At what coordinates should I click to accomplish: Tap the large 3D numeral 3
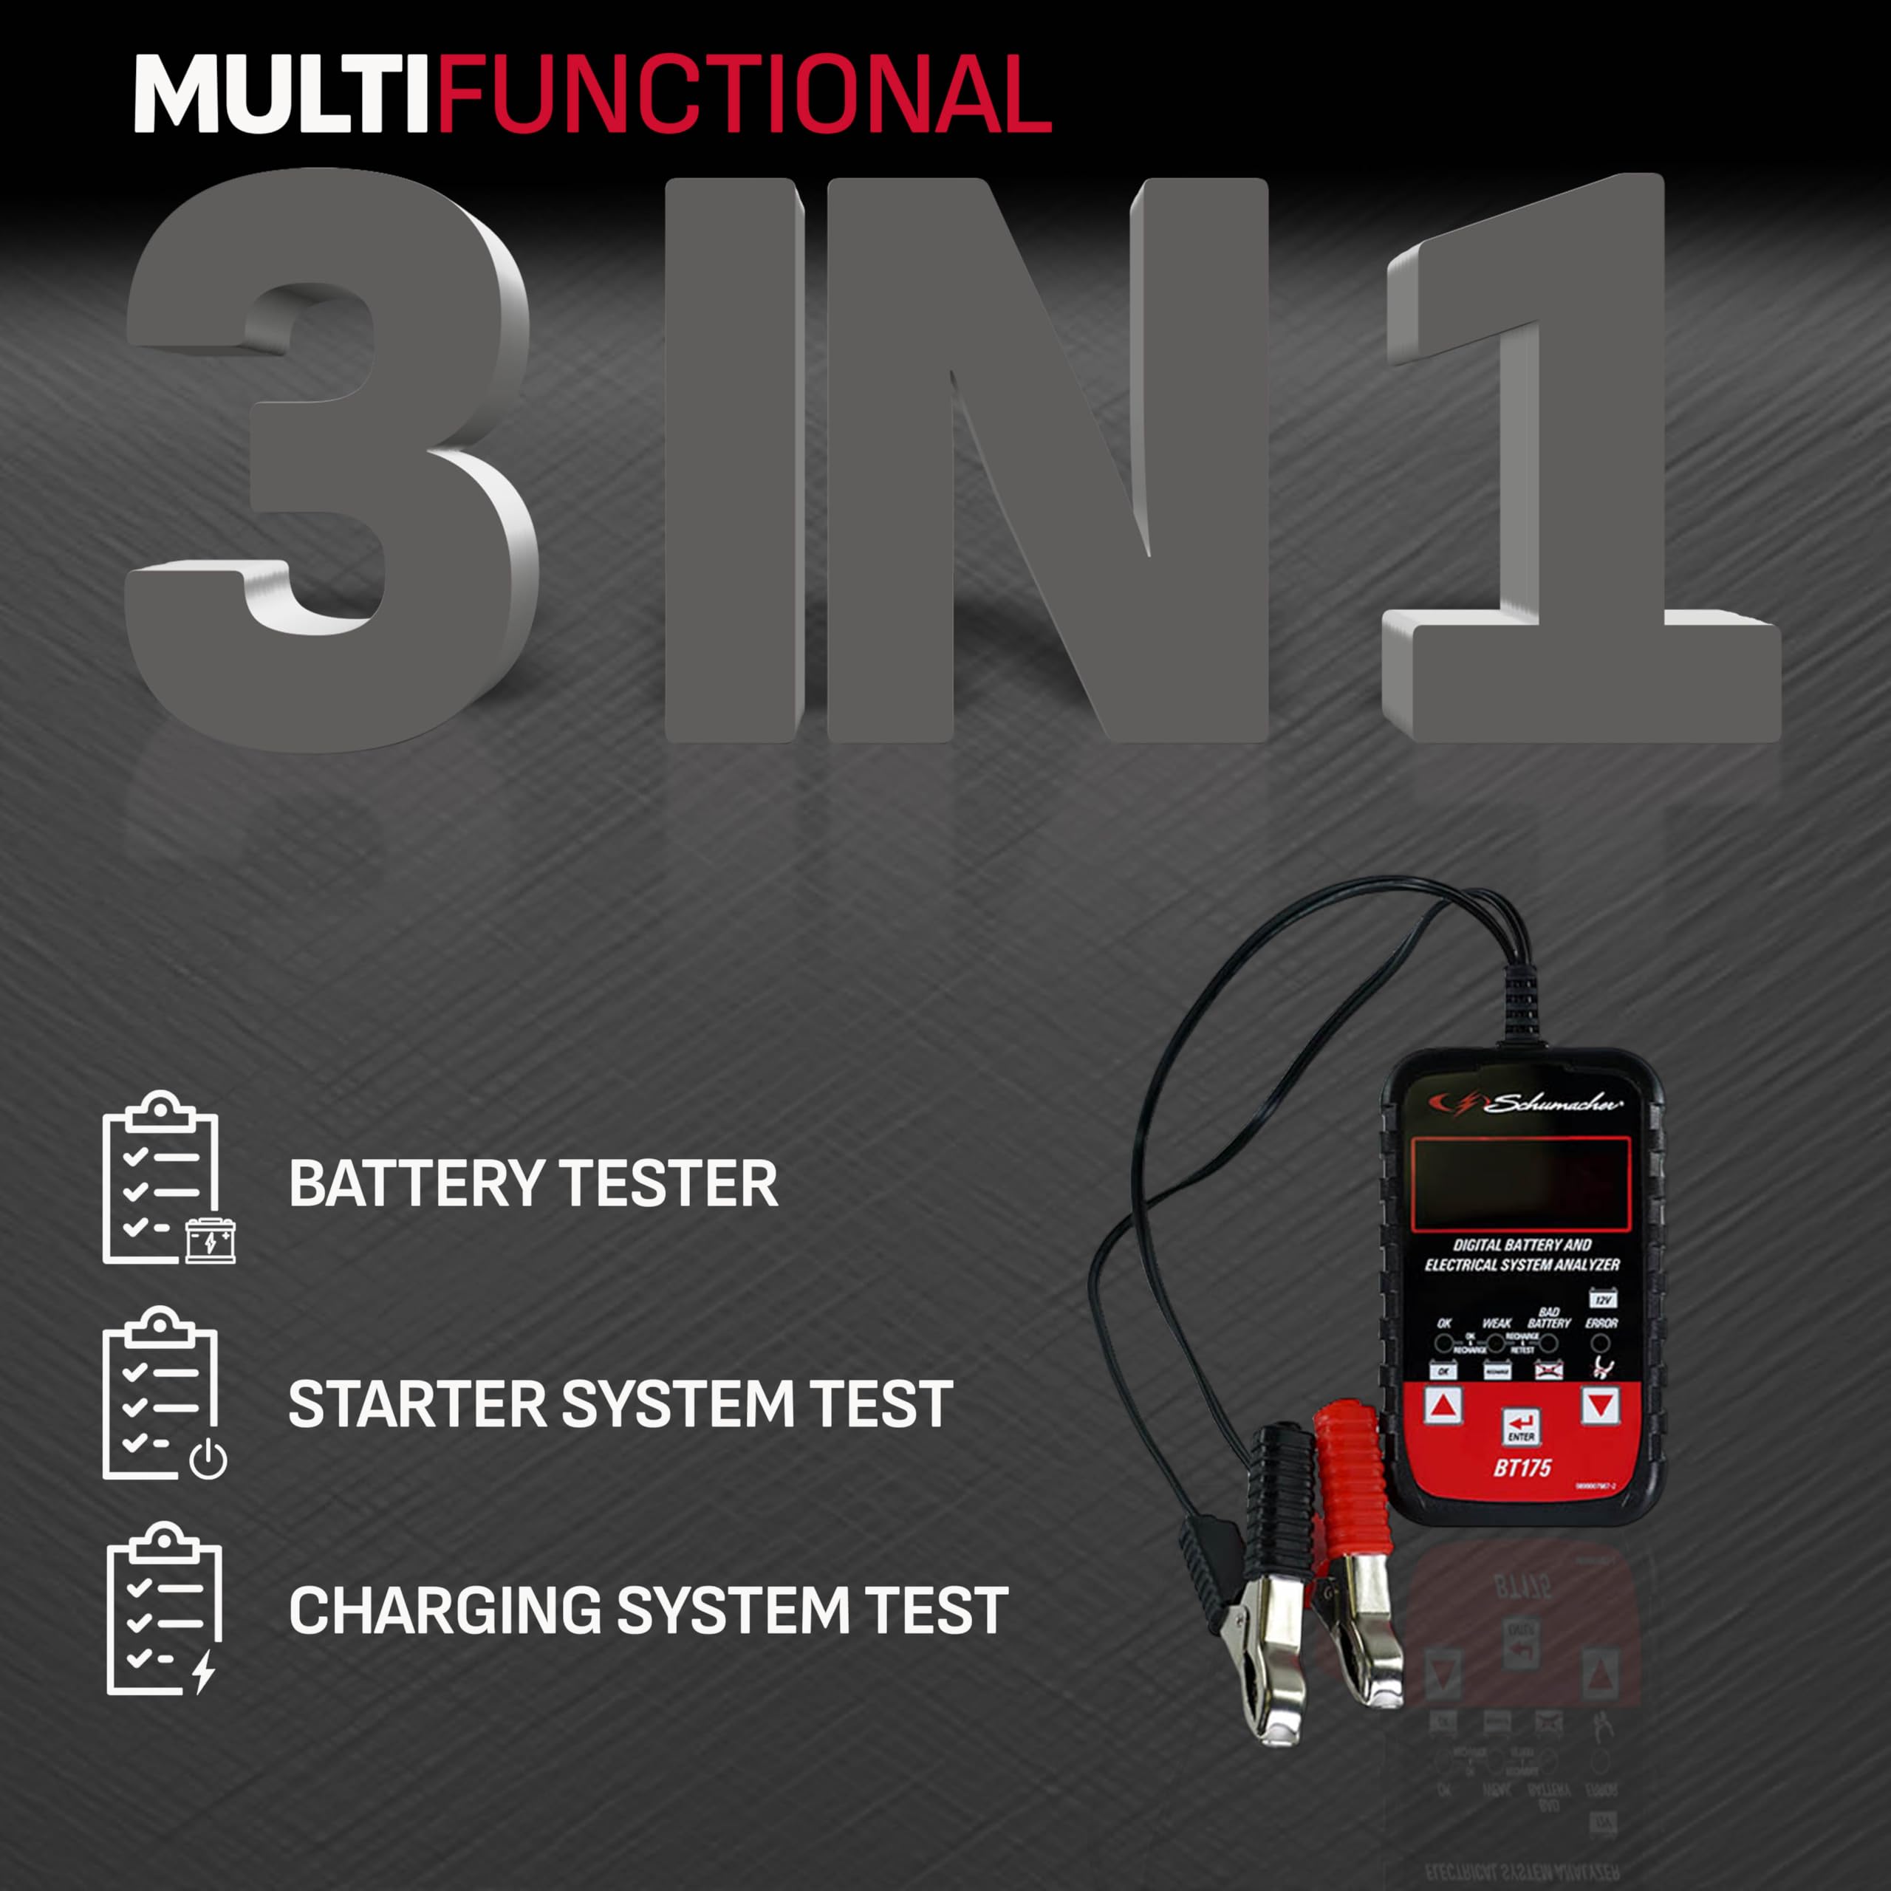(x=333, y=460)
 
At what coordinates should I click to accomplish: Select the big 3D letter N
(x=1047, y=460)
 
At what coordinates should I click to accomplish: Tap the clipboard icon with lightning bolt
(x=165, y=1610)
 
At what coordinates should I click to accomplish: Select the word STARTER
(x=417, y=1404)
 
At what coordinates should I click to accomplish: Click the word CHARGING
(x=445, y=1610)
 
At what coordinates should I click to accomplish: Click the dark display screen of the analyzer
(x=1520, y=1184)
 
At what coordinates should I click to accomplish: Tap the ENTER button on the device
(x=1521, y=1427)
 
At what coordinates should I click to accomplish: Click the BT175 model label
(x=1522, y=1468)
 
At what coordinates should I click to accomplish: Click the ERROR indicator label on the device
(x=1601, y=1323)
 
